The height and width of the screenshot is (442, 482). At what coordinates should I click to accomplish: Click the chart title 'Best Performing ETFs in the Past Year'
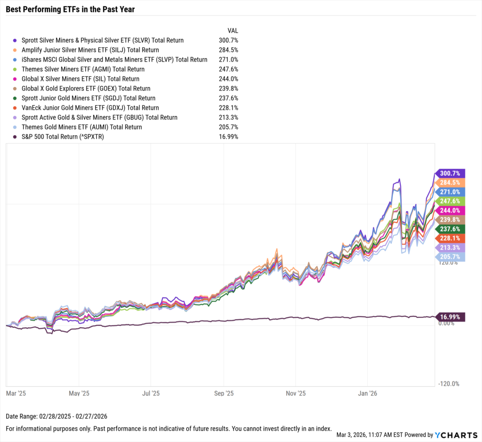(70, 9)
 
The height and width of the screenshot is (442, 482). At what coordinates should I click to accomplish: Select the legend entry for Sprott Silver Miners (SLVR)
(103, 40)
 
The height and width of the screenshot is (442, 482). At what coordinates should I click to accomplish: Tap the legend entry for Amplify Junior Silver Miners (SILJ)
(90, 50)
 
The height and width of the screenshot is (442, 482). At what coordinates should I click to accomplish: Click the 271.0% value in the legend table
(228, 60)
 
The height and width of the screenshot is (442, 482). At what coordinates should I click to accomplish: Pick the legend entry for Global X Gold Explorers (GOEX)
(86, 88)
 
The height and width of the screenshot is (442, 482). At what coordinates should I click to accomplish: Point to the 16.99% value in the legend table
(228, 137)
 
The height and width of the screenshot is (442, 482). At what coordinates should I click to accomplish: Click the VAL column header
(233, 31)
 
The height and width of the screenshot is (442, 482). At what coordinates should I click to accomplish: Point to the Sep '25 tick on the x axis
(224, 393)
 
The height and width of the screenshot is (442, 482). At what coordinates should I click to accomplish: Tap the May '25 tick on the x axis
(79, 393)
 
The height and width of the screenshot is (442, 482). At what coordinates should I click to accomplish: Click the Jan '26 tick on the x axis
(367, 393)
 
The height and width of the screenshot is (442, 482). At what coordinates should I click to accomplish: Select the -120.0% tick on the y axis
(448, 384)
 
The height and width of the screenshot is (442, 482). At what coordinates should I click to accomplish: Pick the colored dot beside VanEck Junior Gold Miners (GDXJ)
(16, 108)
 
